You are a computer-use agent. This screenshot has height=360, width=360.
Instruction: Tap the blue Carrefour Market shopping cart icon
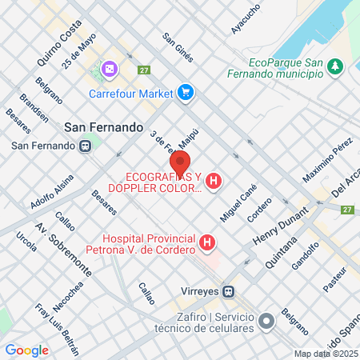coord(186,93)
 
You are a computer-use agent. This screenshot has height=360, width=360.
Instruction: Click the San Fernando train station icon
coord(84,146)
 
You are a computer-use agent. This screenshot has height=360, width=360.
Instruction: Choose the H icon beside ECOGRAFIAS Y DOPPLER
coord(214,182)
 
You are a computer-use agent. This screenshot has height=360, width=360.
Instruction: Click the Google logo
coord(27,350)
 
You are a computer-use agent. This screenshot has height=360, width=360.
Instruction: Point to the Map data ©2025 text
coord(326,354)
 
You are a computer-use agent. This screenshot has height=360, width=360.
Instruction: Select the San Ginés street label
coord(177,47)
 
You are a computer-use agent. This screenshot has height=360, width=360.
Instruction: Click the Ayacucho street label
coord(245,18)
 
